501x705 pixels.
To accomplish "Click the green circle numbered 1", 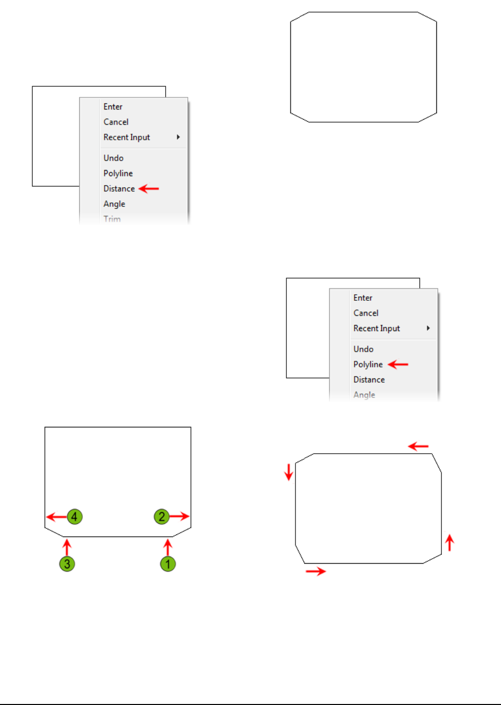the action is pyautogui.click(x=168, y=564).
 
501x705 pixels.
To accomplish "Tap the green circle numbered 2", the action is pyautogui.click(x=162, y=516).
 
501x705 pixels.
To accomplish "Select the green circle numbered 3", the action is pyautogui.click(x=67, y=564).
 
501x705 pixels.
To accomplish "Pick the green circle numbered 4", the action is pyautogui.click(x=74, y=516).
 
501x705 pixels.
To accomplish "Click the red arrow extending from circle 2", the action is pyautogui.click(x=179, y=516).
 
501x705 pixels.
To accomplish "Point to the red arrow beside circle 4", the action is pyautogui.click(x=56, y=517).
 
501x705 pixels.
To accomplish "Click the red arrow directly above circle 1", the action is pyautogui.click(x=168, y=547).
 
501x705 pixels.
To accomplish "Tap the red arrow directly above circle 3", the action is pyautogui.click(x=67, y=547).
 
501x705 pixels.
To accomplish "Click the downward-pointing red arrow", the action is pyautogui.click(x=288, y=472).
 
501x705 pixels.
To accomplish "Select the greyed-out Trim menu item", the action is pyautogui.click(x=112, y=219).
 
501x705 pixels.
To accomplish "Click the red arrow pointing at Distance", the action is pyautogui.click(x=149, y=189).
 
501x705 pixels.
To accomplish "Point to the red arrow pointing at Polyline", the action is pyautogui.click(x=398, y=364).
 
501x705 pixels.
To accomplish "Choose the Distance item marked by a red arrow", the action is pyautogui.click(x=119, y=189).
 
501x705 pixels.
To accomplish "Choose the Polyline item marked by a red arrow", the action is pyautogui.click(x=368, y=364).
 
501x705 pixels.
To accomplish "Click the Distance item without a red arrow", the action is pyautogui.click(x=369, y=379).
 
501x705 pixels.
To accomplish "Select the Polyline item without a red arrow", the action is pyautogui.click(x=118, y=174).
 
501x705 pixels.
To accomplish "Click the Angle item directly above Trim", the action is pyautogui.click(x=114, y=204).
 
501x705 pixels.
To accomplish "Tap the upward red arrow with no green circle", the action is pyautogui.click(x=449, y=543).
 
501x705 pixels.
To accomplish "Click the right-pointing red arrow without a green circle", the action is pyautogui.click(x=316, y=571).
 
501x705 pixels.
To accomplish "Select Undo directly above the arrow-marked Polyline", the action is pyautogui.click(x=364, y=349).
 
